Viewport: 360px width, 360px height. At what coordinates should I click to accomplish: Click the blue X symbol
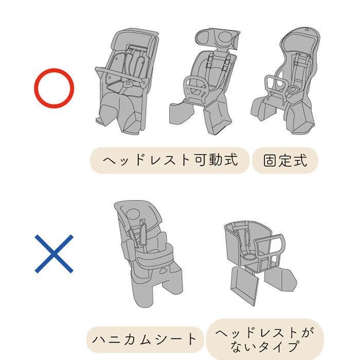tap(54, 254)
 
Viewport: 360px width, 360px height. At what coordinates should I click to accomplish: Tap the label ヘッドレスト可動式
tap(170, 160)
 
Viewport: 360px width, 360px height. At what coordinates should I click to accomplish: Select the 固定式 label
tap(285, 160)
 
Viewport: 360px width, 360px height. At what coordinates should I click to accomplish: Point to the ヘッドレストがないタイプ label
tap(265, 338)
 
